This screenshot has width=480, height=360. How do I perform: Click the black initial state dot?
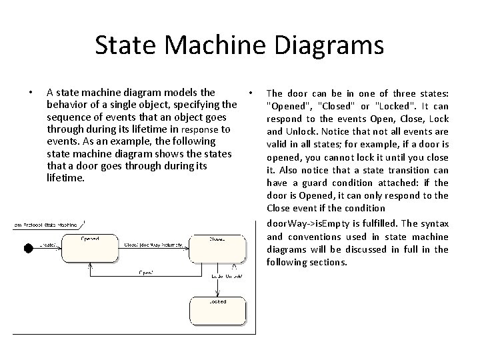28,248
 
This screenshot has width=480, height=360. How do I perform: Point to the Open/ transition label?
147,272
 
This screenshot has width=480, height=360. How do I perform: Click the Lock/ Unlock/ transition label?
226,275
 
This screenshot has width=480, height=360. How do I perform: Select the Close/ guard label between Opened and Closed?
153,245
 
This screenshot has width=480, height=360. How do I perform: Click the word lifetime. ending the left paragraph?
66,178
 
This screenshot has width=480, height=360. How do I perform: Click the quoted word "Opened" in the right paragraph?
287,106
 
